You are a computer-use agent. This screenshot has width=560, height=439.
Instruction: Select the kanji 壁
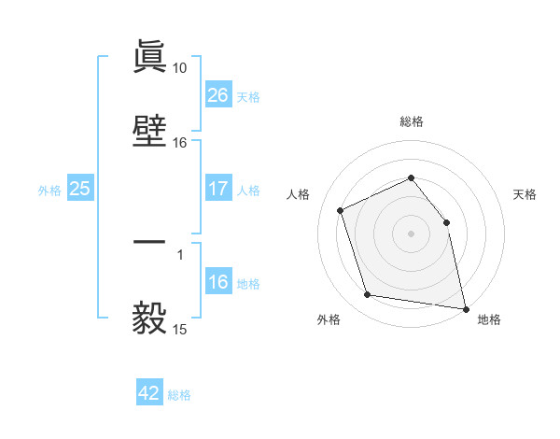(x=150, y=131)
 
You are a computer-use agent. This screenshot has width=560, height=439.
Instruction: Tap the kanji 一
(x=150, y=242)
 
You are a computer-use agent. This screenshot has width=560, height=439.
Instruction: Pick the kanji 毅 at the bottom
(x=150, y=318)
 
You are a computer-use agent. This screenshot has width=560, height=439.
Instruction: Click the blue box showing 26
(x=217, y=95)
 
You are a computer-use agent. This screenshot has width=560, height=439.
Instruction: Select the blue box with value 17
(x=217, y=189)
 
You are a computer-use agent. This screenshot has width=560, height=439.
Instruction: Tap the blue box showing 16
(x=217, y=282)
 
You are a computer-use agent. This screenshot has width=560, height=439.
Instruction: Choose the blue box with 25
(x=80, y=189)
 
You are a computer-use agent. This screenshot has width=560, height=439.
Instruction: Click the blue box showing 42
(x=149, y=393)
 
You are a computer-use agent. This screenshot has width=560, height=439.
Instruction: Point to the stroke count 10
(x=179, y=68)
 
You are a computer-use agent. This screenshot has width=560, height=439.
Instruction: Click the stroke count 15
(x=179, y=330)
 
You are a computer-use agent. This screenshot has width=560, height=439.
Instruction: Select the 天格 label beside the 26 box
(x=248, y=96)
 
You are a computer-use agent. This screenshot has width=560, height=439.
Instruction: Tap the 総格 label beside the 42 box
(x=179, y=395)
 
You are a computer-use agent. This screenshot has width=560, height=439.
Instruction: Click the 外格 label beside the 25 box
(x=49, y=190)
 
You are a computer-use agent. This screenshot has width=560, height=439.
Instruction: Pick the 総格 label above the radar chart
(x=411, y=121)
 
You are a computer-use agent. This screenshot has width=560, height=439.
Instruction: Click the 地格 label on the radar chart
(x=489, y=319)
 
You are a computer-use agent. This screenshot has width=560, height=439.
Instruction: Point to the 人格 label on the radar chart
(x=299, y=194)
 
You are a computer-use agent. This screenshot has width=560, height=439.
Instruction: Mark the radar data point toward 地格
(x=464, y=307)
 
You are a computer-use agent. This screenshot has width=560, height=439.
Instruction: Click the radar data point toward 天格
(x=446, y=222)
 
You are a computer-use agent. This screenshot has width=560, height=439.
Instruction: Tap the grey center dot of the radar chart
(x=411, y=234)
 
